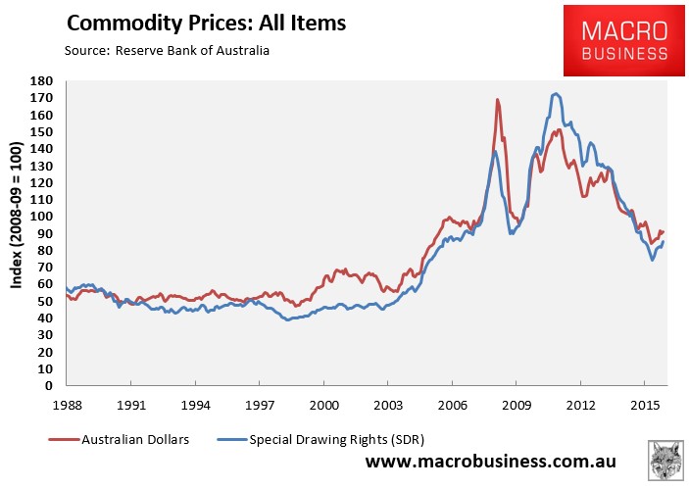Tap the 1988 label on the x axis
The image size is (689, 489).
67,403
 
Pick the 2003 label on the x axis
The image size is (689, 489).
389,403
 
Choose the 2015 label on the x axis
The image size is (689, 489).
646,403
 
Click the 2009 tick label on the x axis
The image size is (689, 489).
517,403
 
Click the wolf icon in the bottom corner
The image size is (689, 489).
666,460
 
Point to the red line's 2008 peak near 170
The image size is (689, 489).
498,100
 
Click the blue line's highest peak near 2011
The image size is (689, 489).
557,94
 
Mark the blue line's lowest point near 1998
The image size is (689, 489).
286,319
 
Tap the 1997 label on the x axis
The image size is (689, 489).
260,403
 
